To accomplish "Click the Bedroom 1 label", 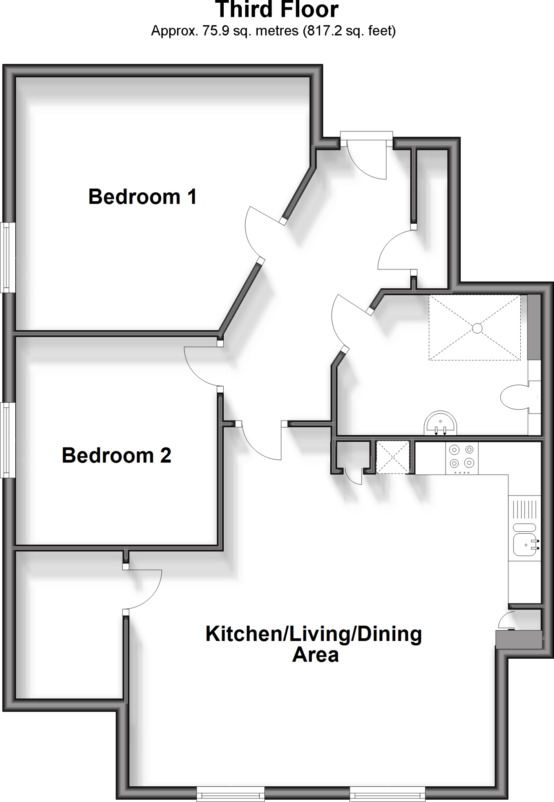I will [142, 197].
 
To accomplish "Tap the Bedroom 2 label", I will [116, 455].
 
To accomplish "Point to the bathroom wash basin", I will [440, 423].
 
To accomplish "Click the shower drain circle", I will [477, 328].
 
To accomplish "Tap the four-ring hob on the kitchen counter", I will [462, 457].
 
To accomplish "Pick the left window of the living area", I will [230, 795].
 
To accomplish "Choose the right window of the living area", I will [387, 795].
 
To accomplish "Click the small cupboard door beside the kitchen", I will [353, 476].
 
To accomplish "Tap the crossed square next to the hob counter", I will [393, 457].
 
